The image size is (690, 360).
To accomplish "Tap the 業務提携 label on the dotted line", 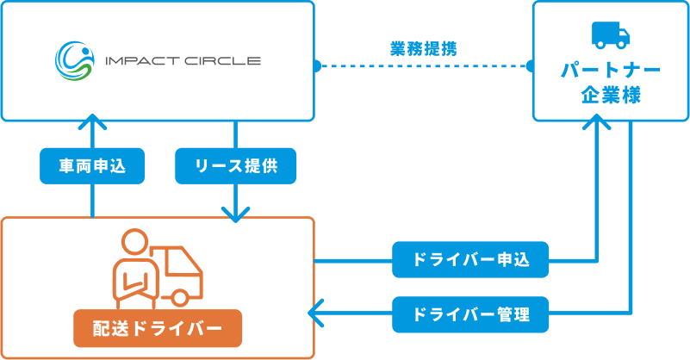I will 422,48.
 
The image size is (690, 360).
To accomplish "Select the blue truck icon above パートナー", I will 611,34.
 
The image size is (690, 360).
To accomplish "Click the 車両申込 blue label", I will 92,166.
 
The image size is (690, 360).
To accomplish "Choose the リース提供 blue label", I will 236,166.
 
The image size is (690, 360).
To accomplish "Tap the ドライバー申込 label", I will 470,258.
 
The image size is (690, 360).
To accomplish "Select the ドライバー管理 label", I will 470,313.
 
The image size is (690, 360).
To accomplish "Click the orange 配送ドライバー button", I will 157,327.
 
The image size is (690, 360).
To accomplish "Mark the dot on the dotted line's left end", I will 316,65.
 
